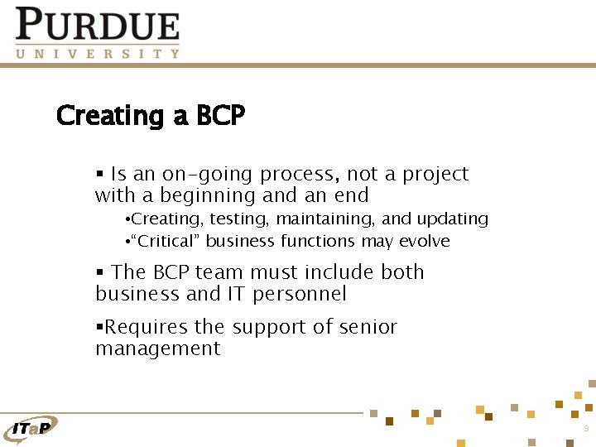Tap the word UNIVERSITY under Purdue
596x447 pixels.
98,54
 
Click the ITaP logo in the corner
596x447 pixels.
31,427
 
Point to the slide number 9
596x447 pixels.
586,429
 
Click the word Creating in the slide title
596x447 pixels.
111,116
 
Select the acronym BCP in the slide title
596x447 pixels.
221,116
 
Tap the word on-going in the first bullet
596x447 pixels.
207,175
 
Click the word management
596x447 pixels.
157,349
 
